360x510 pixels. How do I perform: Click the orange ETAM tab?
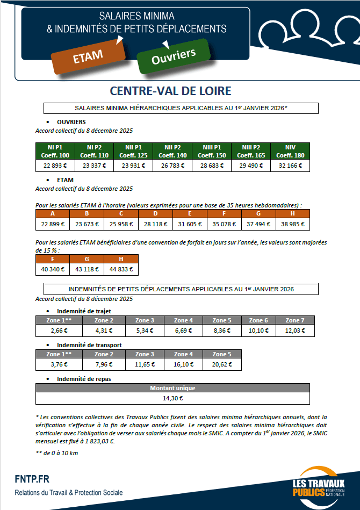pos(88,56)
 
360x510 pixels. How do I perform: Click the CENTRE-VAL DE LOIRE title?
pos(170,90)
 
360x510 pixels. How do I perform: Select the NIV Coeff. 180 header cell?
pos(290,151)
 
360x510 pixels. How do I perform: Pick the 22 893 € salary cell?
pos(54,166)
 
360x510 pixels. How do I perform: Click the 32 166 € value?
pos(290,166)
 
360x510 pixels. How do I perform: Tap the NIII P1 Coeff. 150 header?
pos(212,151)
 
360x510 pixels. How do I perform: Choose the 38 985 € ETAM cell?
pos(292,224)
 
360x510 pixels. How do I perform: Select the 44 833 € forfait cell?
pos(121,269)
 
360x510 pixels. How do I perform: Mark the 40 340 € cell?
pos(53,269)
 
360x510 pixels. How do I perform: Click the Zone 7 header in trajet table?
pos(295,320)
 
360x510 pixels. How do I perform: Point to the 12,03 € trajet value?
pos(295,331)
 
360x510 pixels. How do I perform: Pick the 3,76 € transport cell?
pos(54,364)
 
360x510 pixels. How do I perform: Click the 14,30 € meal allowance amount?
pos(172,398)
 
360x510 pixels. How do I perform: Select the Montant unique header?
pos(172,387)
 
